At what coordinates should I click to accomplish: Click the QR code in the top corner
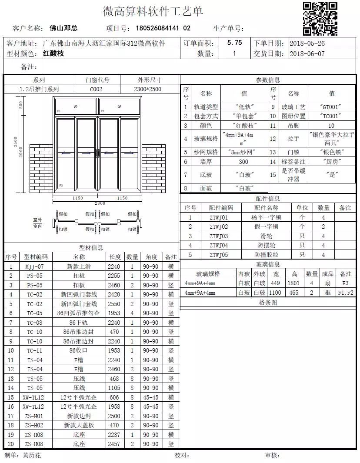(320, 19)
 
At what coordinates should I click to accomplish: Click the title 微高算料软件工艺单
(153, 11)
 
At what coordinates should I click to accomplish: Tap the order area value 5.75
(235, 43)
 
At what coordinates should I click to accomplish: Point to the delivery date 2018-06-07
(307, 54)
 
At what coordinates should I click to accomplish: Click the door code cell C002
(96, 89)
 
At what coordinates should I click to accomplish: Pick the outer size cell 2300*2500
(147, 89)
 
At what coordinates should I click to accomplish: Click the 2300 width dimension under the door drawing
(100, 203)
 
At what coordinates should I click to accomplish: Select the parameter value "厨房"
(332, 162)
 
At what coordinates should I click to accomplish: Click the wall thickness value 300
(243, 162)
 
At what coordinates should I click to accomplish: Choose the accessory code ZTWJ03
(219, 236)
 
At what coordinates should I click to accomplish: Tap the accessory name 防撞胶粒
(266, 255)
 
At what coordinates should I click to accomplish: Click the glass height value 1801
(294, 283)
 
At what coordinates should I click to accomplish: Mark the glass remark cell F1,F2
(346, 293)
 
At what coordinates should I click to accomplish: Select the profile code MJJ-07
(34, 266)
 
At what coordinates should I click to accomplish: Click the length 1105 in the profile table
(114, 388)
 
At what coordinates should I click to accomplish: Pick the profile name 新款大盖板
(79, 425)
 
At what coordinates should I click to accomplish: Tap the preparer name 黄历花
(32, 455)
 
